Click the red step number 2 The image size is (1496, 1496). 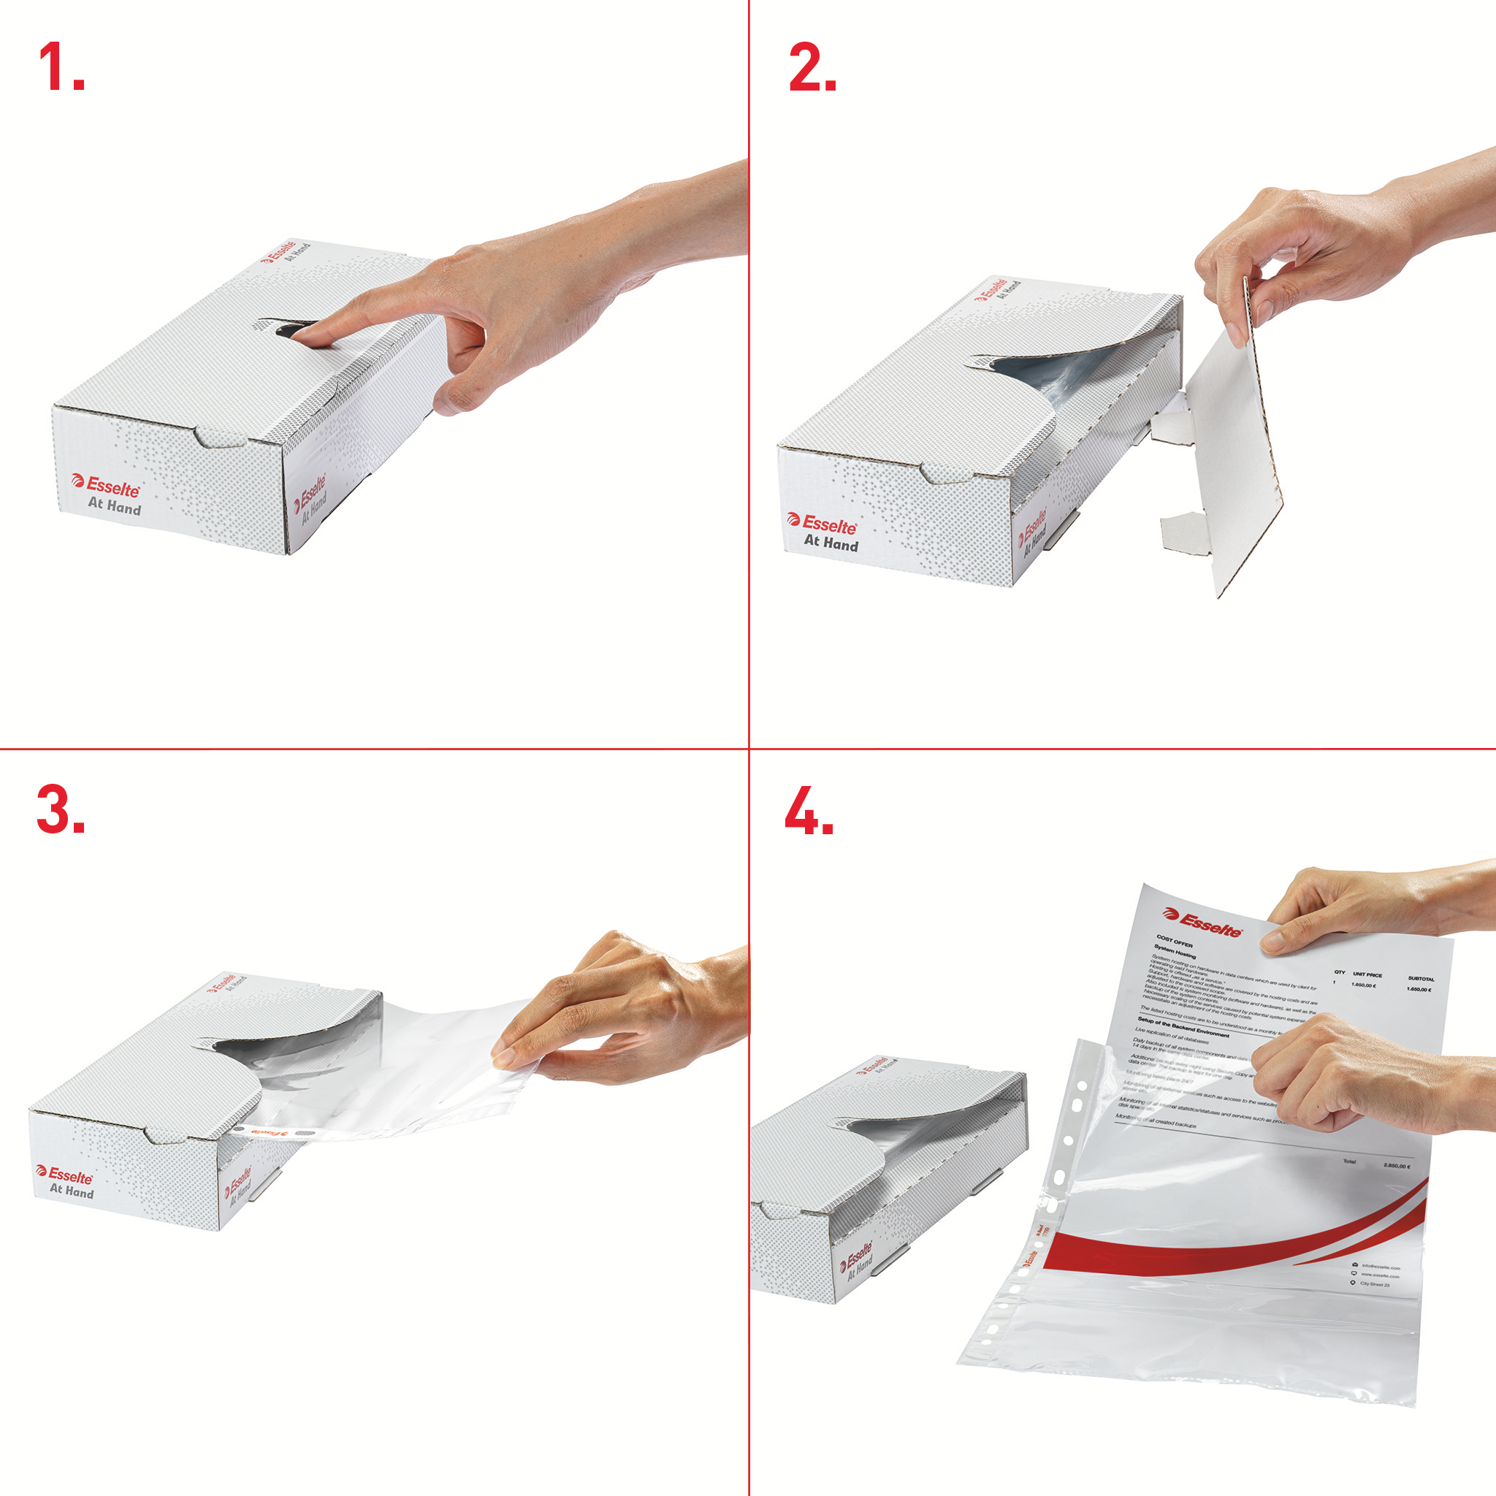tap(811, 67)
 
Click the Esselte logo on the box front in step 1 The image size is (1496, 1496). tap(106, 486)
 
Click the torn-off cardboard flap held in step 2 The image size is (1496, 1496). tap(1231, 449)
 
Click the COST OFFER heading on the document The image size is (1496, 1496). tap(1175, 941)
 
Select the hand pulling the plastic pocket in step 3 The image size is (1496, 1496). tap(619, 1007)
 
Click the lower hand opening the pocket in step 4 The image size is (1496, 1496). tap(1332, 1076)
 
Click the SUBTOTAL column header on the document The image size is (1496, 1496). tap(1420, 979)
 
